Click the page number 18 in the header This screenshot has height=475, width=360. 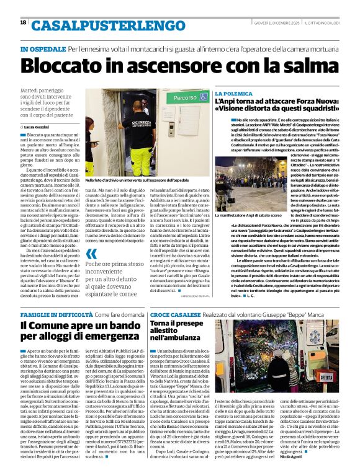(23, 23)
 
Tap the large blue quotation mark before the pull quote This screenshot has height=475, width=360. (92, 252)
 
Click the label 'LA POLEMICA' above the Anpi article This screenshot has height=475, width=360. (233, 93)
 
